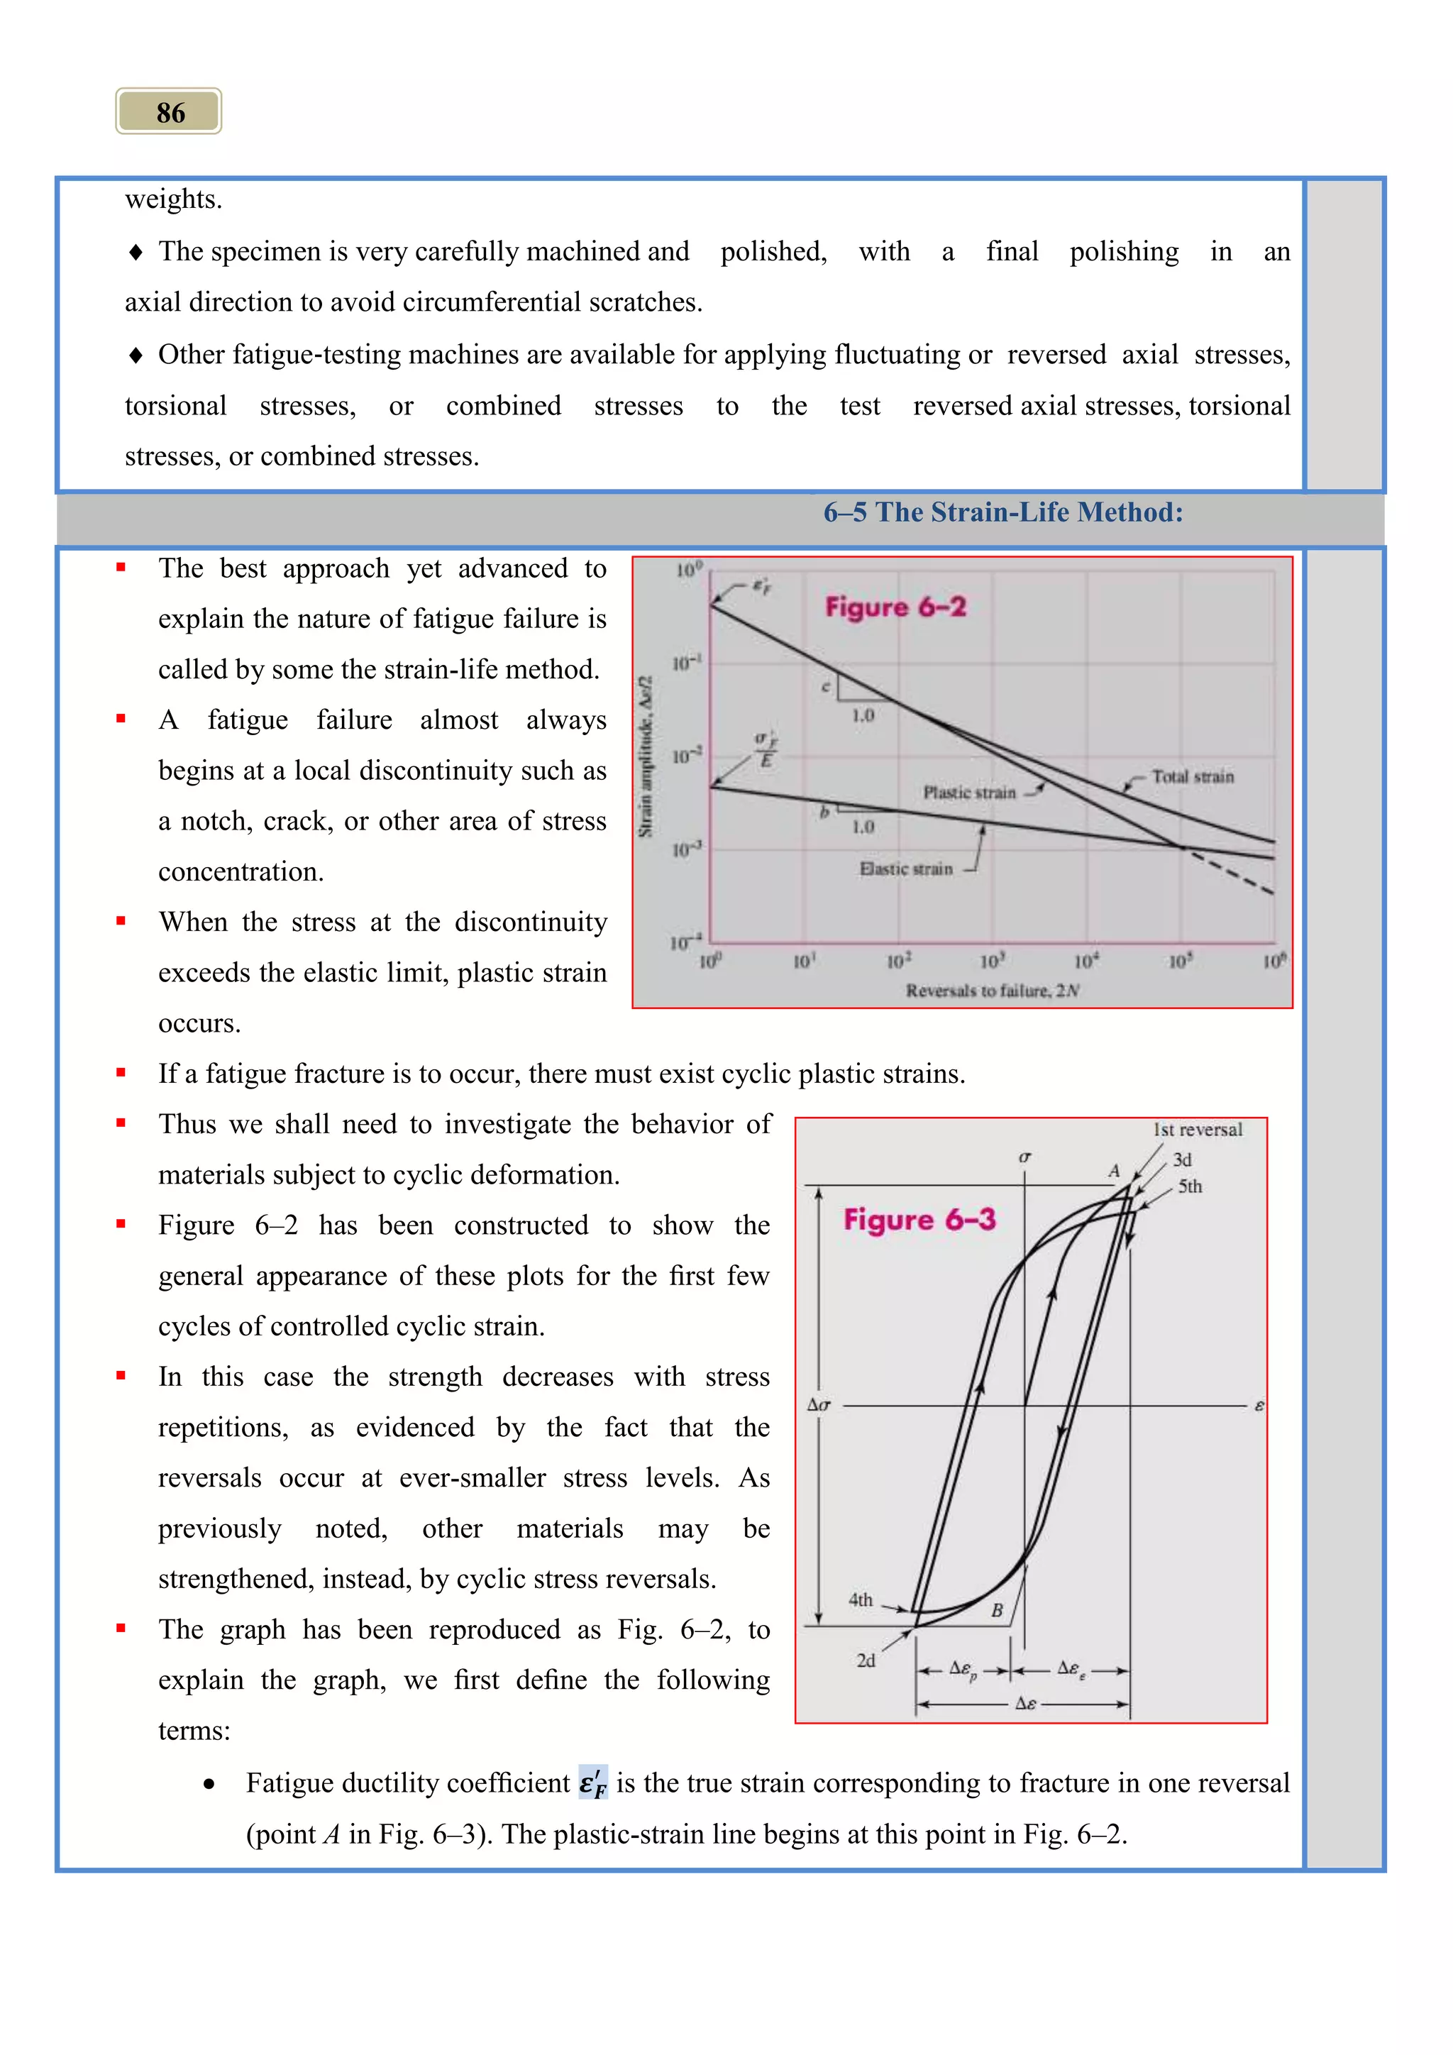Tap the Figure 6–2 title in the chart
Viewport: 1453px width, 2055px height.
(895, 607)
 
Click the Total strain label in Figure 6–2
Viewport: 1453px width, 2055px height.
(1192, 776)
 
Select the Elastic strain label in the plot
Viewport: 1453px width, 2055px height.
(905, 868)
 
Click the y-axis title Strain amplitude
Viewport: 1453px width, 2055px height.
(645, 756)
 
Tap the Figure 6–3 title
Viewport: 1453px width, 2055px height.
(919, 1219)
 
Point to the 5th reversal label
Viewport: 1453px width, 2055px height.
(1189, 1186)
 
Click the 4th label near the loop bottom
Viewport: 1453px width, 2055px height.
(860, 1599)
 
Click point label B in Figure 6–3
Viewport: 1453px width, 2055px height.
(997, 1610)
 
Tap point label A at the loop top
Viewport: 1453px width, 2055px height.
(1114, 1170)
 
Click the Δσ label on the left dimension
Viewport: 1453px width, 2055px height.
(819, 1405)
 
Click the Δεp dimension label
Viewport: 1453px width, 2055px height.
(963, 1669)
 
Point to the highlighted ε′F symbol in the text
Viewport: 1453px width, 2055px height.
(592, 1783)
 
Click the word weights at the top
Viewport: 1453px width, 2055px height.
(172, 199)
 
